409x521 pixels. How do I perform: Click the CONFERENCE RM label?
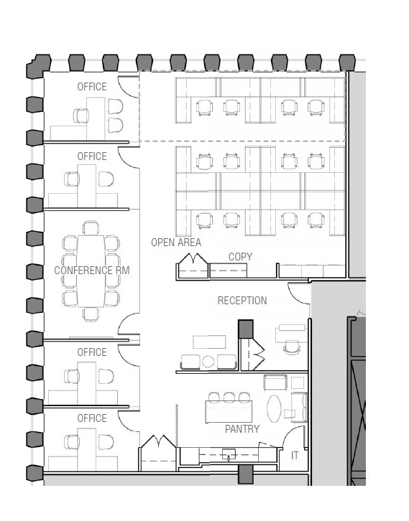click(92, 271)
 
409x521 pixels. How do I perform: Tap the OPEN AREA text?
click(176, 243)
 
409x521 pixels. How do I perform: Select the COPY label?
click(240, 257)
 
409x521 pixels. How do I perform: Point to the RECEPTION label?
click(242, 301)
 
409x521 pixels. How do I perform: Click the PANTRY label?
click(242, 429)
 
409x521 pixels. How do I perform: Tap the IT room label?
click(295, 456)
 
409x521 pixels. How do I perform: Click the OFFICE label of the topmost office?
click(92, 87)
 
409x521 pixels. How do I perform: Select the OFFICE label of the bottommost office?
click(92, 418)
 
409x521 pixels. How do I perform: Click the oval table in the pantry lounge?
click(274, 408)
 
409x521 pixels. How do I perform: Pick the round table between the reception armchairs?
click(208, 362)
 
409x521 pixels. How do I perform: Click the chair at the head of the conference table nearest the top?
click(91, 227)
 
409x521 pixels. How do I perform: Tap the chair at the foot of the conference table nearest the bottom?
click(91, 314)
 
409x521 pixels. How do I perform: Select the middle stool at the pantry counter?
click(229, 397)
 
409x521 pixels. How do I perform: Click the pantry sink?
click(229, 454)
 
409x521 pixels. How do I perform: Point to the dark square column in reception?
click(246, 329)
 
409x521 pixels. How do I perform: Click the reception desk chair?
click(292, 347)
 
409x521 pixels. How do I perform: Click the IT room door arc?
click(290, 433)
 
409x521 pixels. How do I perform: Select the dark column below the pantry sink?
click(246, 474)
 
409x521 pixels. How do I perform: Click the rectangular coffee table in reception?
click(209, 342)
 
